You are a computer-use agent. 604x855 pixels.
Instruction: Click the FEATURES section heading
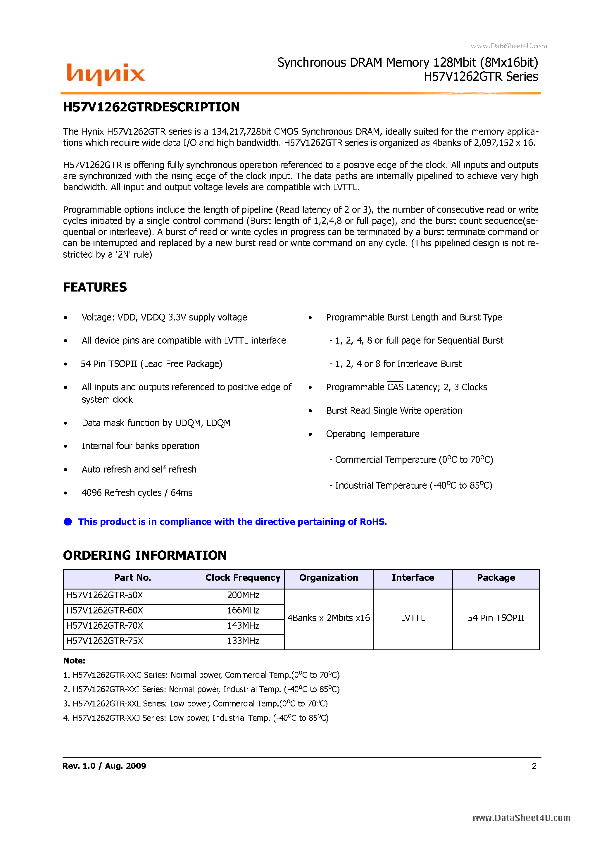pos(95,287)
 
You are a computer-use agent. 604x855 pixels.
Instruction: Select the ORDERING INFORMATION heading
pos(144,555)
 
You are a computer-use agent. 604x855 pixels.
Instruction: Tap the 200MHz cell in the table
pos(243,595)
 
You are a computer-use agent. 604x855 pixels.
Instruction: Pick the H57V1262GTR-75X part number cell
pos(105,641)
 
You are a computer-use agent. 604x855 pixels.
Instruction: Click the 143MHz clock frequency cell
pos(243,626)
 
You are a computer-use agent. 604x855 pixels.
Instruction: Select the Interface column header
pos(413,578)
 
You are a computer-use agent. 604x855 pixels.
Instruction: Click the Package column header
pos(496,578)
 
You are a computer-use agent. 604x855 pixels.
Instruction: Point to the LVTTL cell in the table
pos(413,618)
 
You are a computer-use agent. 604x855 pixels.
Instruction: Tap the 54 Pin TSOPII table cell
pos(496,618)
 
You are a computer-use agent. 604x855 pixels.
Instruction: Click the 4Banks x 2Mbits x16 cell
pos(328,618)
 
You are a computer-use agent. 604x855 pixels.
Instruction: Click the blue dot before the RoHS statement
pos(68,522)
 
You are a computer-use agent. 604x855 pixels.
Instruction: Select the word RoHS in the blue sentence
pos(373,522)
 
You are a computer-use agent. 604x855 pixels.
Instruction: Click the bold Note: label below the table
pos(74,661)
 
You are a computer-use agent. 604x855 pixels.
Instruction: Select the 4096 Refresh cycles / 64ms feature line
pos(137,493)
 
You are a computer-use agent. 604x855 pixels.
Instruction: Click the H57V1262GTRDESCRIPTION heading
pos(151,107)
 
